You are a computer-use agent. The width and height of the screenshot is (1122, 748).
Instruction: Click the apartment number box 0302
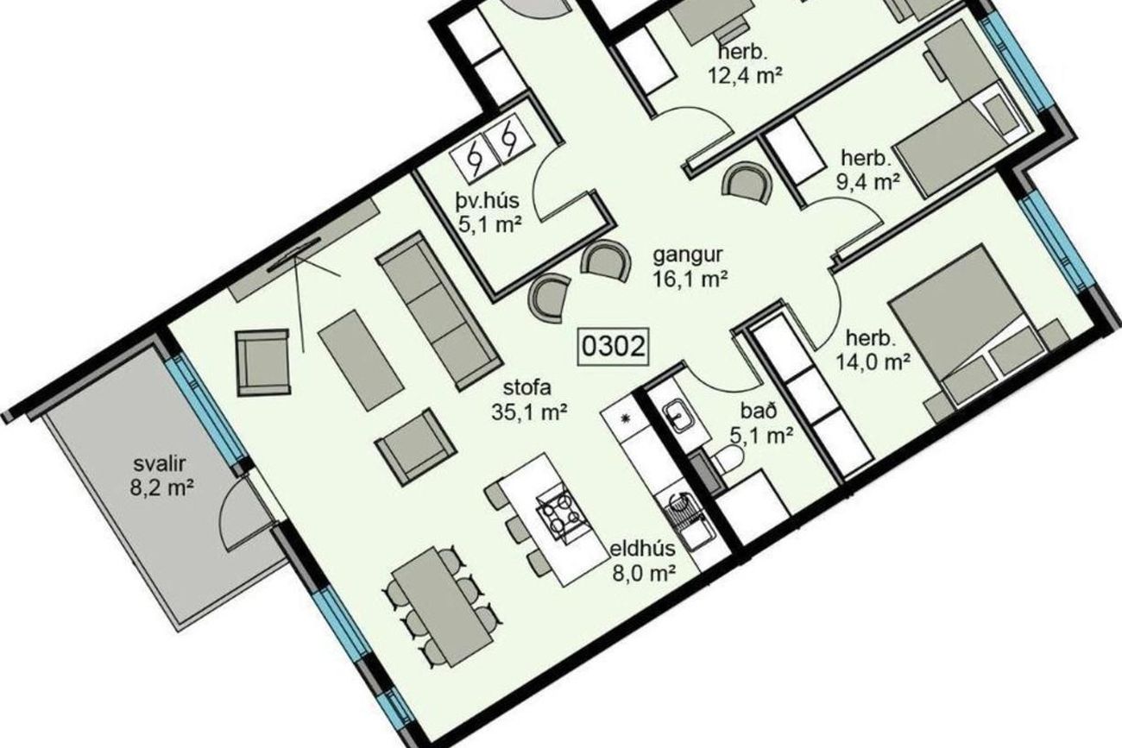pos(613,346)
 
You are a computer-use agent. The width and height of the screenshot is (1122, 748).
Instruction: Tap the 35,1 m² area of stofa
pos(529,412)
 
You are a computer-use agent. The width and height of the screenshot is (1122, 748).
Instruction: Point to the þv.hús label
pos(487,201)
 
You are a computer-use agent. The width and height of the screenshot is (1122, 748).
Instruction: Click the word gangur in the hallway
pos(688,255)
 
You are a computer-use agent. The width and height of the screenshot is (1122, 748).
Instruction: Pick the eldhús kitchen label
pos(643,549)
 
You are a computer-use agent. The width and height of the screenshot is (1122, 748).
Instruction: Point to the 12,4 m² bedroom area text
pos(745,75)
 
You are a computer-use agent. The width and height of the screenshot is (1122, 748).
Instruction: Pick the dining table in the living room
pos(444,607)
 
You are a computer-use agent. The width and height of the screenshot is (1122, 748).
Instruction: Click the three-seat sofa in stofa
pos(438,311)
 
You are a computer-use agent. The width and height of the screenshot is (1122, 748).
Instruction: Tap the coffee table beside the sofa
pos(361,360)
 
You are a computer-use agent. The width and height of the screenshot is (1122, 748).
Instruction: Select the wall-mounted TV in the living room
pos(293,255)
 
